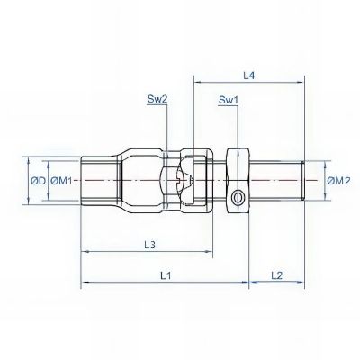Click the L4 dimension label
pos(248,76)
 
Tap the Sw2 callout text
pos(157,99)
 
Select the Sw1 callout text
pos(229,100)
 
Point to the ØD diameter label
pos(38,181)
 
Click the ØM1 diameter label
pos(61,181)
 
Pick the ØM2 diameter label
pos(338,181)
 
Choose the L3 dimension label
pos(149,245)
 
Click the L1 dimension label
pos(166,275)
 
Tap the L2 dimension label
pos(277,275)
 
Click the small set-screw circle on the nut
pos(238,198)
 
